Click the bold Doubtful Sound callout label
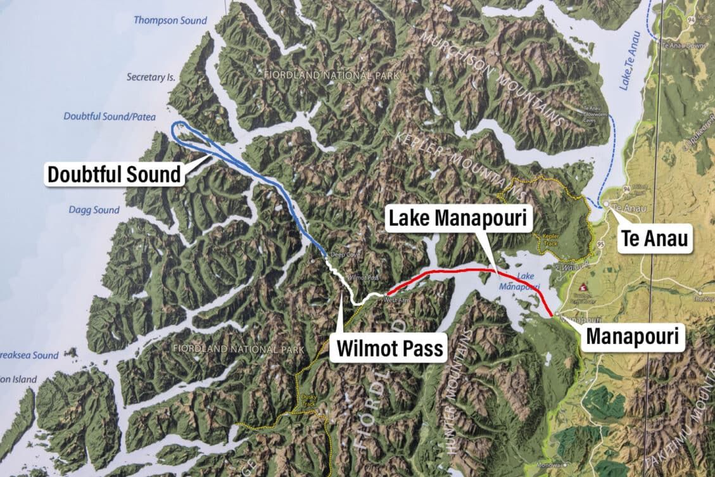tap(114, 174)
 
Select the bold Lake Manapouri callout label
tap(459, 219)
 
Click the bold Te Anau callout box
tap(654, 239)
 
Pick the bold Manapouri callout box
tap(633, 336)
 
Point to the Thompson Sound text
tap(170, 21)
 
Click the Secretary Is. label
tap(150, 77)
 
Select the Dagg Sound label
tap(94, 210)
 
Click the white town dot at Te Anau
tap(606, 204)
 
